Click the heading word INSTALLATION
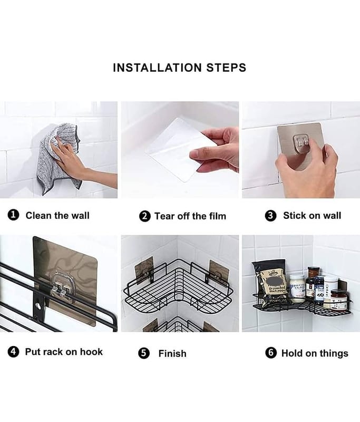(157, 68)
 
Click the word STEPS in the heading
(226, 68)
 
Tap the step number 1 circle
(13, 215)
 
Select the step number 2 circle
(144, 216)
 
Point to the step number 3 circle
(270, 216)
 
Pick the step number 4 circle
(13, 352)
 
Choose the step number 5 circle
(144, 353)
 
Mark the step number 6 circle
(271, 353)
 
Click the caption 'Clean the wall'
(57, 215)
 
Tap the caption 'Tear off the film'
(190, 216)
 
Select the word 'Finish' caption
(172, 353)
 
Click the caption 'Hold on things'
(315, 353)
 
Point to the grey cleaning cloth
(58, 159)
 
